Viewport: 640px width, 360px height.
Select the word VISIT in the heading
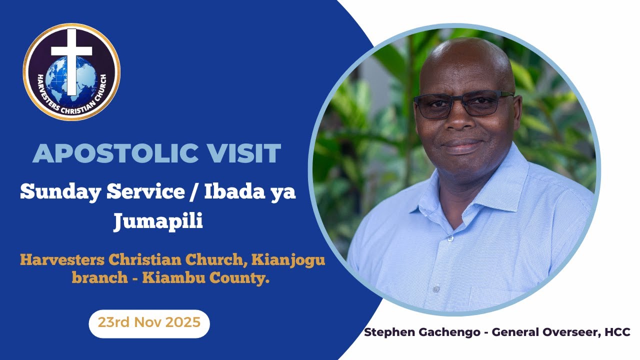tap(245, 153)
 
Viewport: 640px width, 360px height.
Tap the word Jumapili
tap(158, 220)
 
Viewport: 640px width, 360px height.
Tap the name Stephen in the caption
tap(388, 332)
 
